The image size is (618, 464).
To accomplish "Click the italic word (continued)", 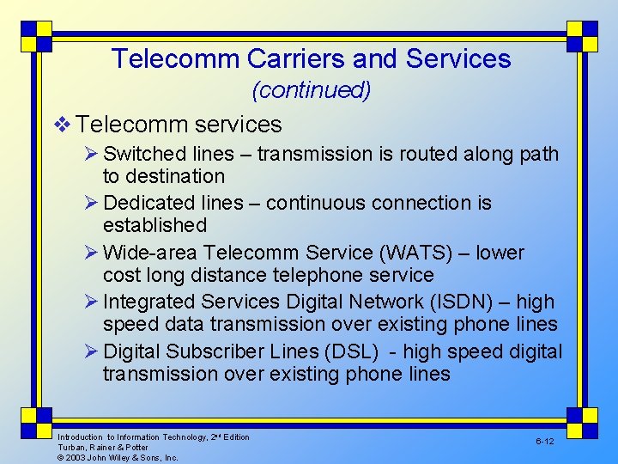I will click(311, 90).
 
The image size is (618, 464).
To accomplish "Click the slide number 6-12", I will click(544, 441).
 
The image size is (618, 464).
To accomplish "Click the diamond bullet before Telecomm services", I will click(59, 125).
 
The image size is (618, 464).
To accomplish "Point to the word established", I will click(154, 225).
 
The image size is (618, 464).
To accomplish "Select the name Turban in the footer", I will click(70, 448).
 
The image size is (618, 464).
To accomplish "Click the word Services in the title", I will click(458, 58).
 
